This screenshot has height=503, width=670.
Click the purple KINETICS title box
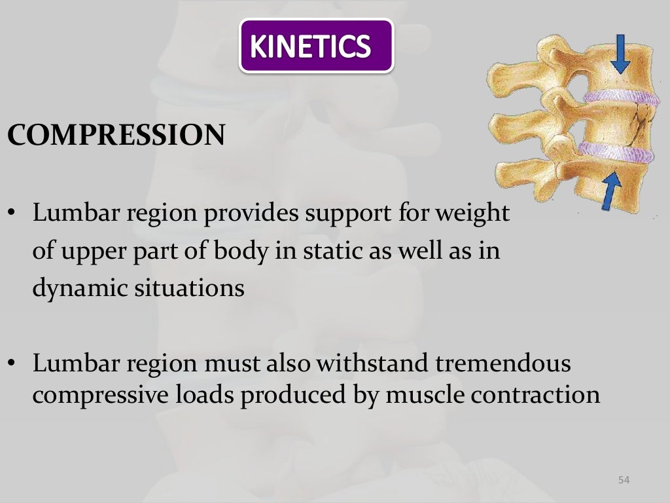point(316,45)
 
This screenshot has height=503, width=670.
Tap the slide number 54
point(623,481)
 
